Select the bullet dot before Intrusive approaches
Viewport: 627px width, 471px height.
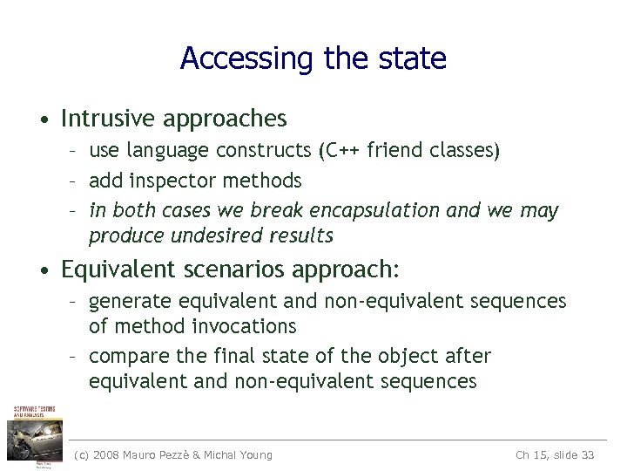coord(43,119)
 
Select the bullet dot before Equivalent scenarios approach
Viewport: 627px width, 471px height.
coord(43,270)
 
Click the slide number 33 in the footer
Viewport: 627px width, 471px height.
coord(586,454)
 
